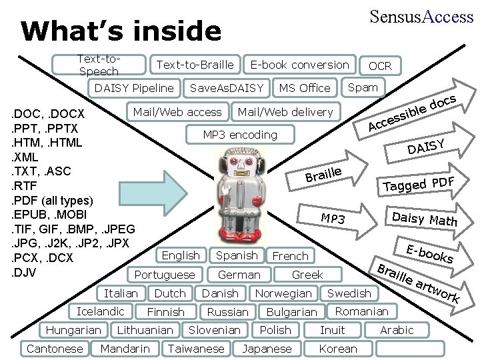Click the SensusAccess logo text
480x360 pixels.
(x=421, y=17)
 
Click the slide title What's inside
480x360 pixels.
(x=121, y=31)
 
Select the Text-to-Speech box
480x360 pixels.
(x=99, y=65)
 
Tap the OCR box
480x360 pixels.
(x=380, y=65)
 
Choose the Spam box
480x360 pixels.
(x=363, y=87)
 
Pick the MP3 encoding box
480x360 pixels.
(x=240, y=135)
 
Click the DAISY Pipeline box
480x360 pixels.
(x=135, y=88)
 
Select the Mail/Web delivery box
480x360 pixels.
(x=285, y=112)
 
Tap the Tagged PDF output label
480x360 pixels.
(x=419, y=183)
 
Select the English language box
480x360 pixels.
(x=181, y=255)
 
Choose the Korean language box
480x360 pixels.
(x=338, y=349)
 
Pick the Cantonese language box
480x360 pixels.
(x=55, y=349)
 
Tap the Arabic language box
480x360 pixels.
(x=397, y=330)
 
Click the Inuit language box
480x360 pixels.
(x=333, y=330)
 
